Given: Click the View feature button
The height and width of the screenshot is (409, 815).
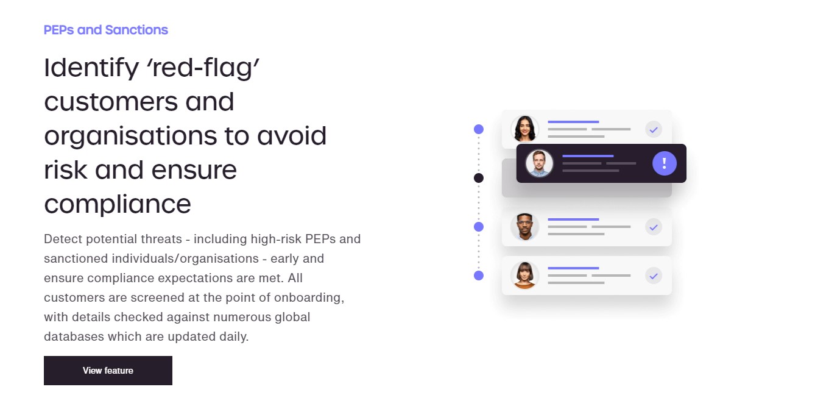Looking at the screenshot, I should (108, 371).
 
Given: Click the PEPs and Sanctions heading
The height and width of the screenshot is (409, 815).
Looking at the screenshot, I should (106, 30).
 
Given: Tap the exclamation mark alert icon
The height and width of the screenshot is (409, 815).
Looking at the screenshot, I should (665, 163).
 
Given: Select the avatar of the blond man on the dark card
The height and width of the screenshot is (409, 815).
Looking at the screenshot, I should (539, 163).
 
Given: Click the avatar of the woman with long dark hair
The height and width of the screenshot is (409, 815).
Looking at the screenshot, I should (524, 129).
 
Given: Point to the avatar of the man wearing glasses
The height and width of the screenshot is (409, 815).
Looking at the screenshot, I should (524, 227).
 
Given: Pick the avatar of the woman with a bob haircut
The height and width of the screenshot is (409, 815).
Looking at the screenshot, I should (524, 276).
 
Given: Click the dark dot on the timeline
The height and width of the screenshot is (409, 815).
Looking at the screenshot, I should (479, 178).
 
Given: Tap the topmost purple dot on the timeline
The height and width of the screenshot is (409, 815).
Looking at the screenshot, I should (479, 129).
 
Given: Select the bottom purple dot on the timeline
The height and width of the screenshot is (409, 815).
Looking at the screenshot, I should (479, 276).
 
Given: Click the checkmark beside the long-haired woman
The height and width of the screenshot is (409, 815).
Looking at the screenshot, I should (654, 129).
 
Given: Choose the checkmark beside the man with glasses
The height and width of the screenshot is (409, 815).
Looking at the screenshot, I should (654, 227).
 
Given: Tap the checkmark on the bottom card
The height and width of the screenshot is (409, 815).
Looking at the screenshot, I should (654, 276).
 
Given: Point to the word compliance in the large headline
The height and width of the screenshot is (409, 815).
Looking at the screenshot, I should (118, 204).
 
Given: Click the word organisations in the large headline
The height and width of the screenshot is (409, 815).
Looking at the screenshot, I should (130, 136).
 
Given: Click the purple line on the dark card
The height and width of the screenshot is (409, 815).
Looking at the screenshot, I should (587, 156).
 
